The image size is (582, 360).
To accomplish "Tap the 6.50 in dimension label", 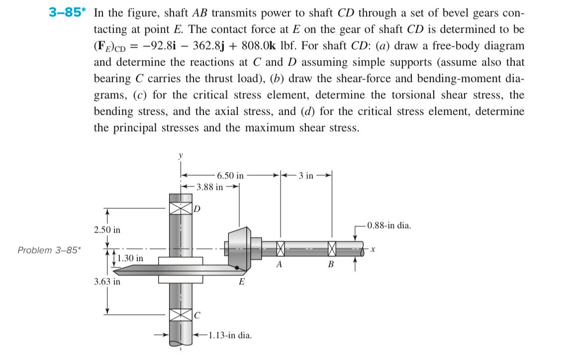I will [x=230, y=176].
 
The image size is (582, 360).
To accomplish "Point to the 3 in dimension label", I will [x=306, y=176].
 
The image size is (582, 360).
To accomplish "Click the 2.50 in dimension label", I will [x=107, y=230].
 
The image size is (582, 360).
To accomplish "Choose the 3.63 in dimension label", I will [x=107, y=281].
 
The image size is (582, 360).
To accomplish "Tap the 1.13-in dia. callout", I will [x=230, y=335].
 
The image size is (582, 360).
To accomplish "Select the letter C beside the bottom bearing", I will [x=197, y=315].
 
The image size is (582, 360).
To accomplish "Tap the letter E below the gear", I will [x=242, y=282].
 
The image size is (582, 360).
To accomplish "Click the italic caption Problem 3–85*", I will [x=48, y=250].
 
